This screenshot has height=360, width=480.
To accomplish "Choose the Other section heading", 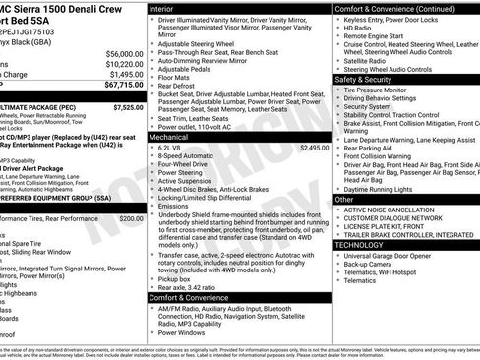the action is (x=344, y=199).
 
